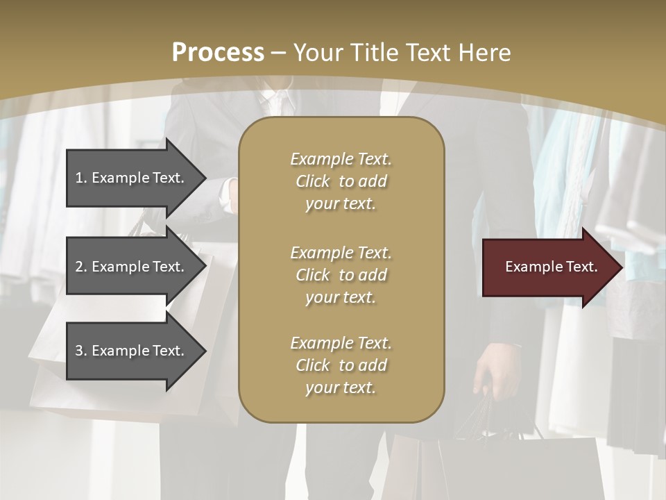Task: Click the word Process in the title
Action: pyautogui.click(x=218, y=53)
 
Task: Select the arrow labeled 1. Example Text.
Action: pyautogui.click(x=132, y=178)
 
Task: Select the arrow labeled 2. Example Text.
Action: pyautogui.click(x=132, y=267)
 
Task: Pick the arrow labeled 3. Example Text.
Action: pyautogui.click(x=132, y=351)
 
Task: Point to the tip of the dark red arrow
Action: pyautogui.click(x=622, y=267)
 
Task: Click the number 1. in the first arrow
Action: pyautogui.click(x=81, y=178)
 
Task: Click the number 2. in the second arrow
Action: pyautogui.click(x=81, y=267)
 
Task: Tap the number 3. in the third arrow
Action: pyautogui.click(x=81, y=351)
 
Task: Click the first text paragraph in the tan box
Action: pyautogui.click(x=341, y=181)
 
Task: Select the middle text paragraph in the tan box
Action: pyautogui.click(x=341, y=275)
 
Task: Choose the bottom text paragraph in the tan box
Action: pyautogui.click(x=341, y=365)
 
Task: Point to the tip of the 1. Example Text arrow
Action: pyautogui.click(x=205, y=178)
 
